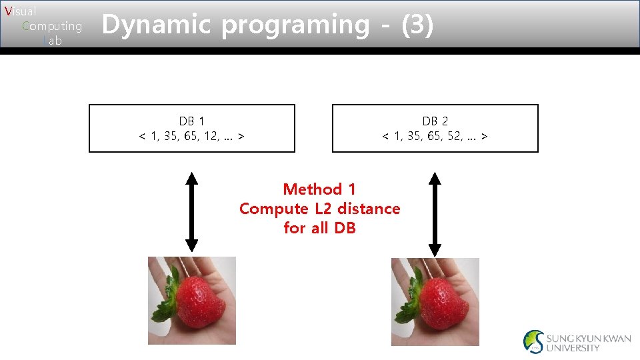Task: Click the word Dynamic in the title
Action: (156, 25)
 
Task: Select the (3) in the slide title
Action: (417, 26)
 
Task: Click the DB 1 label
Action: (191, 121)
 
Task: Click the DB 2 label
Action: (435, 121)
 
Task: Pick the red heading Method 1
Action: (319, 189)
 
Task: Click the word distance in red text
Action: (369, 209)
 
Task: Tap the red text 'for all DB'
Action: (319, 228)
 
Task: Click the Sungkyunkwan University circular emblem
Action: (533, 341)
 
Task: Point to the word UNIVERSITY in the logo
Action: (573, 348)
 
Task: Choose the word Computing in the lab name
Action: (52, 27)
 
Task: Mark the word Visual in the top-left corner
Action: (20, 11)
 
